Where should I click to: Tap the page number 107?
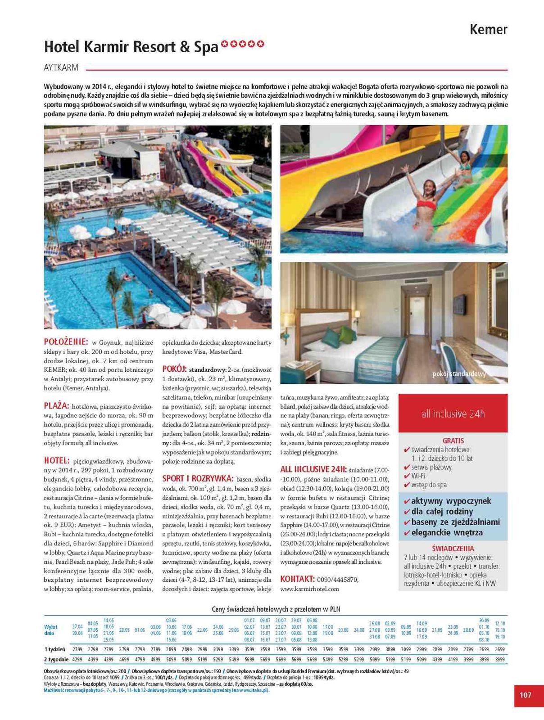pos(525,695)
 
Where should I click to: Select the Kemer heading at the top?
pos(488,30)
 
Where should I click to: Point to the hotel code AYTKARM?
pos(61,68)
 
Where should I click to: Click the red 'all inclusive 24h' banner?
pos(453,414)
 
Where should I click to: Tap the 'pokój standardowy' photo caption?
pos(459,374)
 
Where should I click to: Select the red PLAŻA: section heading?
pos(57,405)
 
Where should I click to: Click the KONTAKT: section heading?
pos(297,579)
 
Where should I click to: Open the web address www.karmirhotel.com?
pos(309,589)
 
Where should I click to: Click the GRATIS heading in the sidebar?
pos(453,441)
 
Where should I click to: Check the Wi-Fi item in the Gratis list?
pos(418,476)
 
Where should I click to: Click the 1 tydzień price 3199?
pos(218,649)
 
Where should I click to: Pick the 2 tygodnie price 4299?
pos(77,659)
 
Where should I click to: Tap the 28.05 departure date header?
pos(124,630)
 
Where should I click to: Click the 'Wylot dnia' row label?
pos(51,630)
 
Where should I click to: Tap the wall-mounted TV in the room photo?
pos(459,304)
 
